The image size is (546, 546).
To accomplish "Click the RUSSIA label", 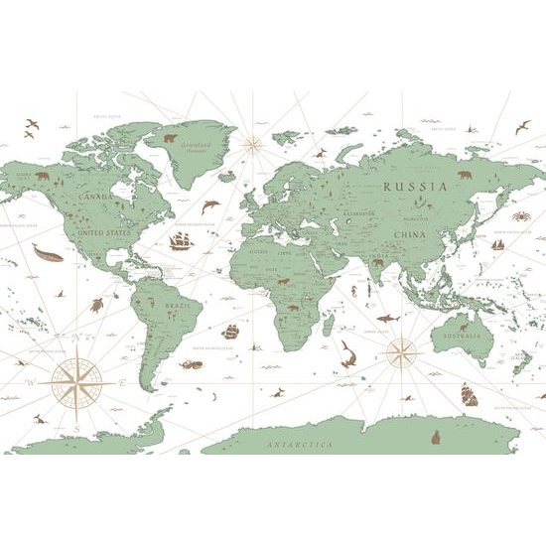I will click(414, 186).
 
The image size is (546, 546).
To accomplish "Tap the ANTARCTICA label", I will click(300, 446).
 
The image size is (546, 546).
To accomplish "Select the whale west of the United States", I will click(47, 254).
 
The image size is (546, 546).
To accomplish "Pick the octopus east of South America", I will click(192, 364).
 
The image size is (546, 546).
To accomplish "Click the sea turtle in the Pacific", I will click(96, 306).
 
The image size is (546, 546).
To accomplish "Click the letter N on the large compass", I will click(76, 338).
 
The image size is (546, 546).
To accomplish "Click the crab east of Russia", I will click(519, 214).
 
